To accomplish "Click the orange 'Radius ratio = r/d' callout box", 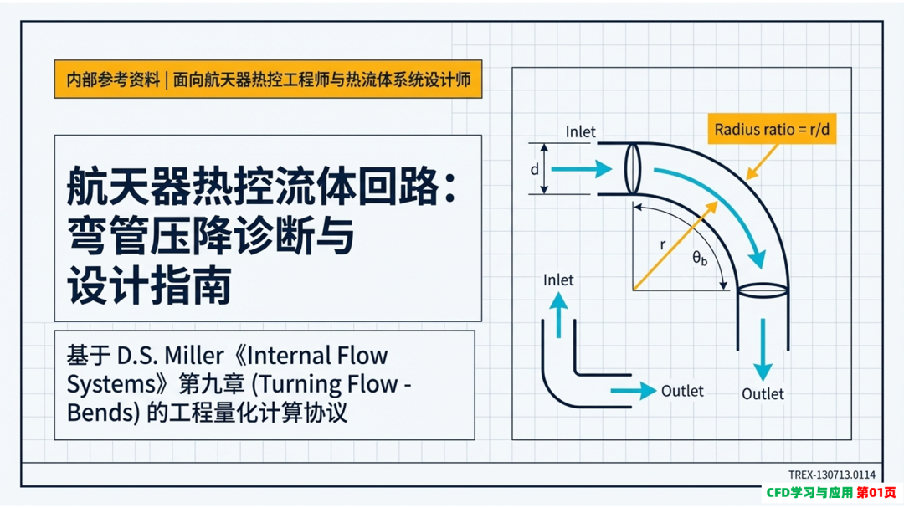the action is (x=772, y=129).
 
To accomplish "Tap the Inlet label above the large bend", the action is (x=580, y=132).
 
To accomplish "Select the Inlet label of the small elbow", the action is (x=558, y=280).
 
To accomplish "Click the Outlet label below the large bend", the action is (x=763, y=394).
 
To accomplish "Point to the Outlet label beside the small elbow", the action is (x=682, y=391).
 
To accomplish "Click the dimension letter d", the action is (x=534, y=170).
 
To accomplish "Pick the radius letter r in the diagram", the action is (x=662, y=245).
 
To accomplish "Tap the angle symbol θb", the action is (x=700, y=258).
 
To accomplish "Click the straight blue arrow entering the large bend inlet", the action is (x=581, y=169).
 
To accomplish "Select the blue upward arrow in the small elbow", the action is (x=558, y=316).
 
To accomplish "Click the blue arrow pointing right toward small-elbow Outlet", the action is (x=633, y=391).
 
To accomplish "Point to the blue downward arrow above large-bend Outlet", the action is (x=763, y=350).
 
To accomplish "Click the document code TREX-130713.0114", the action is (x=832, y=475).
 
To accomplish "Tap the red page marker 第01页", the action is (x=877, y=492).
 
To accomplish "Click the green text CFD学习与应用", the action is (x=809, y=492).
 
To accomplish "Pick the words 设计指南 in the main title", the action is (x=149, y=285).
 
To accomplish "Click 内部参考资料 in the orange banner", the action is (x=112, y=80).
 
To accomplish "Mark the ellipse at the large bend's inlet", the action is (x=633, y=168).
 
